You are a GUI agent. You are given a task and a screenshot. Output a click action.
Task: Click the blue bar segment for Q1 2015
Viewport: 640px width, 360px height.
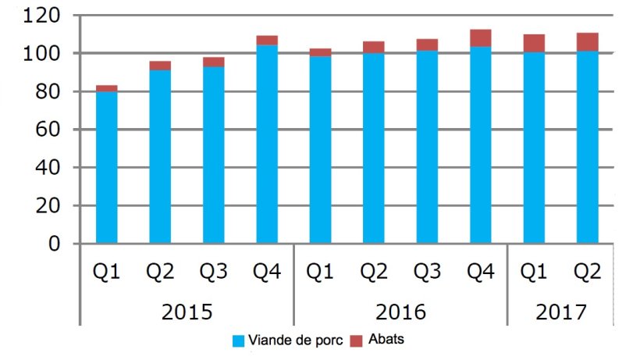pos(106,168)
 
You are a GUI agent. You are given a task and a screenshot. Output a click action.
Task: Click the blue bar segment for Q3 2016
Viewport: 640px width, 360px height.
pos(427,148)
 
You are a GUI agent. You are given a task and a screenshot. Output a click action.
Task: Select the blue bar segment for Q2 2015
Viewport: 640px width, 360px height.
pos(160,157)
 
